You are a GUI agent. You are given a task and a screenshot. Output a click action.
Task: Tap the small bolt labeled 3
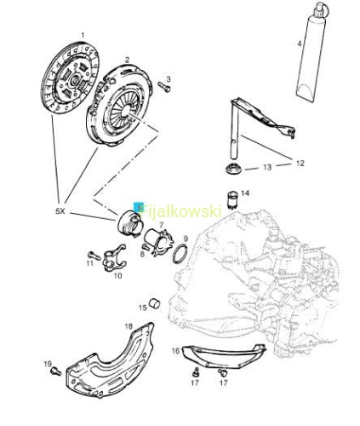click(164, 87)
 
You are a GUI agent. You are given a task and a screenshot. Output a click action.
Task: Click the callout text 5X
click(60, 211)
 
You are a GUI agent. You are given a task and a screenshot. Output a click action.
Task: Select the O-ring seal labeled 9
click(180, 253)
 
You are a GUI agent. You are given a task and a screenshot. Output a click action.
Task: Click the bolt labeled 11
click(94, 255)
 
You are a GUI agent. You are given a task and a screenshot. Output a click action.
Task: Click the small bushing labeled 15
click(155, 304)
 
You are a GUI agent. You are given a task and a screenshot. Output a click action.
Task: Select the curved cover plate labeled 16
click(223, 356)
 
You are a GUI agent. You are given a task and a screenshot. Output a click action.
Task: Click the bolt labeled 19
click(55, 371)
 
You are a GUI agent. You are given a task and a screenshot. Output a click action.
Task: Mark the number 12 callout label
click(300, 164)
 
